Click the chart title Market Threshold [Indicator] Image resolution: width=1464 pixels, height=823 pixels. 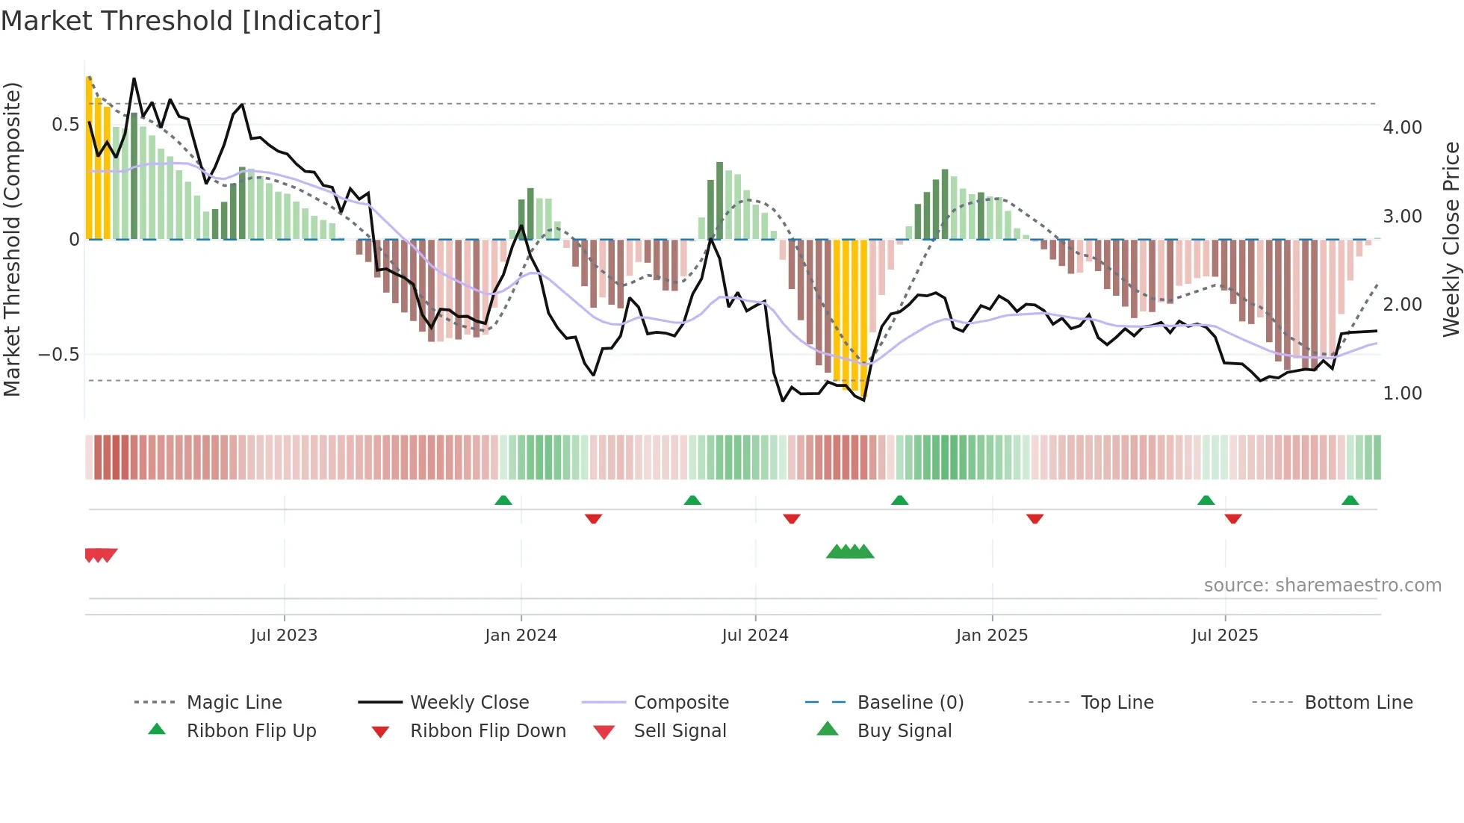[191, 21]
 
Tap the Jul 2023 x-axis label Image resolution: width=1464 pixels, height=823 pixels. [284, 636]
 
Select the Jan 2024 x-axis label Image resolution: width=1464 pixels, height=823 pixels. [521, 636]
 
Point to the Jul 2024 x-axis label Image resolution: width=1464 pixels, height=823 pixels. [755, 636]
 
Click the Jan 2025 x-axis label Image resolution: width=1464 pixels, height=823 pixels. [992, 636]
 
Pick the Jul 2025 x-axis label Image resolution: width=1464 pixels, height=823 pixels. [1225, 636]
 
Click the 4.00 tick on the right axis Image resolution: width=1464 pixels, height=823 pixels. [1402, 128]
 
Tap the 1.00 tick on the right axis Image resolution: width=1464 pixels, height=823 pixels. [1402, 394]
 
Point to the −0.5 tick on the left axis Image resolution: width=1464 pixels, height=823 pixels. [58, 355]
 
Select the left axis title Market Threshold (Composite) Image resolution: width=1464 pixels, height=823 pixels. [12, 239]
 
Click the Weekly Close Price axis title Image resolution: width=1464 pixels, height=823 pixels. [1451, 239]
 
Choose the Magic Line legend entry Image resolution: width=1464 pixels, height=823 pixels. [234, 703]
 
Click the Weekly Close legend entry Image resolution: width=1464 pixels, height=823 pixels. [469, 703]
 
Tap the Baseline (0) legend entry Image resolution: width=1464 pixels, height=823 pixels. [910, 703]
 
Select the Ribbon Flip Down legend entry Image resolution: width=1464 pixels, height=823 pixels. [488, 731]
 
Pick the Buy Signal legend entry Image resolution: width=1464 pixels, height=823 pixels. [904, 731]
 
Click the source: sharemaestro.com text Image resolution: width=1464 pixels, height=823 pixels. [1322, 586]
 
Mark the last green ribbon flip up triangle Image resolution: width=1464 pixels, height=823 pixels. [1350, 500]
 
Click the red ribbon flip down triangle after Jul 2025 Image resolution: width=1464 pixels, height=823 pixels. [1233, 518]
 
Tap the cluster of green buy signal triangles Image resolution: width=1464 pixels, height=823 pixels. [850, 552]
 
